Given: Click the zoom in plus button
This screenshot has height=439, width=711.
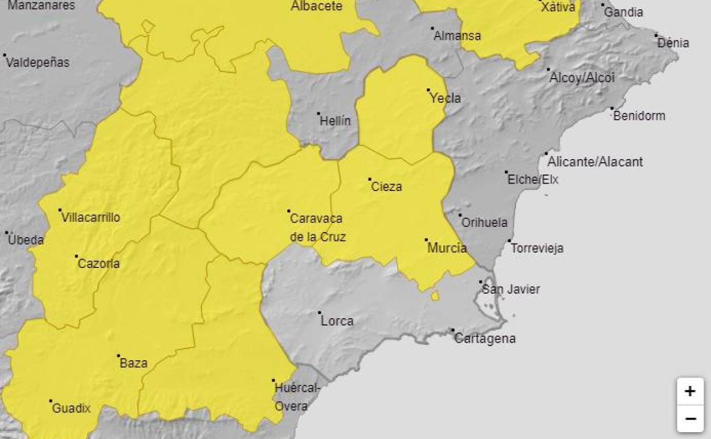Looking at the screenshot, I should [690, 391].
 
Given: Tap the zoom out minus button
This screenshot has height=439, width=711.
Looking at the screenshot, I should [690, 419].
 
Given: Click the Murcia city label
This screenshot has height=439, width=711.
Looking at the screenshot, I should [447, 248].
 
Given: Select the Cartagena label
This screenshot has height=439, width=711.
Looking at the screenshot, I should [485, 338].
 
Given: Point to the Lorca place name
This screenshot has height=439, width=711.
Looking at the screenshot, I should [337, 321].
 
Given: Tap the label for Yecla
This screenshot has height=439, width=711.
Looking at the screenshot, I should [445, 98].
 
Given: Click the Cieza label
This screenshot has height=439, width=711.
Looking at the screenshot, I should [386, 186].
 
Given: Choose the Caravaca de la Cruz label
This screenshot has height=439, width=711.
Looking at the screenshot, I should [317, 227].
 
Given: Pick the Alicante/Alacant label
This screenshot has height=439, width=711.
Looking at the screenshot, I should [595, 162].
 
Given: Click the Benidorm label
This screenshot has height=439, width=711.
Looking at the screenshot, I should [639, 116].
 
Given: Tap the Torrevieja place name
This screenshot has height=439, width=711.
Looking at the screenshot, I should [537, 248].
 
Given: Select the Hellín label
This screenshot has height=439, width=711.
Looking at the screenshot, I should [336, 121].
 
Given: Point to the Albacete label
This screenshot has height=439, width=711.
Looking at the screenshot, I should [316, 6].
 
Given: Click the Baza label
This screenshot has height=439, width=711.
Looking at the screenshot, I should [133, 363].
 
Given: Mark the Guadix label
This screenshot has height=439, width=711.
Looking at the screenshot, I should [71, 408].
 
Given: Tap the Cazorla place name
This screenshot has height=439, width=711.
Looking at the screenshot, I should [99, 263].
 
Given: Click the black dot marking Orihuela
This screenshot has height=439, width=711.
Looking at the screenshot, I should [460, 215].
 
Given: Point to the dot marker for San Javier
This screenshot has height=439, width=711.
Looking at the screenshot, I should [481, 282].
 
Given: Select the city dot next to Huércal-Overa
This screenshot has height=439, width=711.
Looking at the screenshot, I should [273, 380].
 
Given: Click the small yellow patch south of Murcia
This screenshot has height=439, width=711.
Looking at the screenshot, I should [435, 295].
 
